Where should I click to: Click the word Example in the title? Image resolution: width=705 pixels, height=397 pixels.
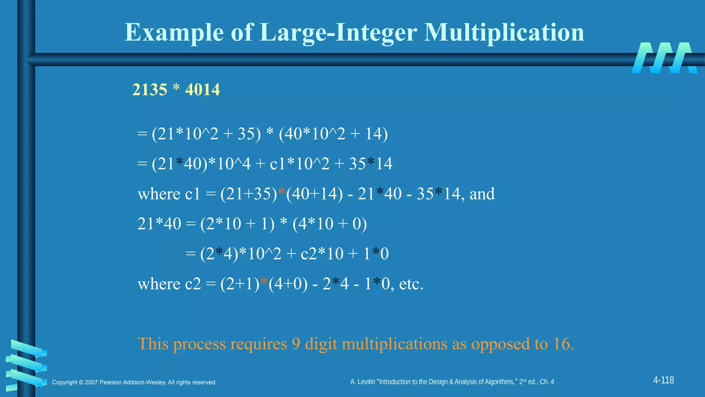[x=174, y=33]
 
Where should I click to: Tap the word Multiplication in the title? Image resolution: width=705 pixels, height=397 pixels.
[x=504, y=33]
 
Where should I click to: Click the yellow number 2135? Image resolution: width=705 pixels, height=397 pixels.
[x=150, y=90]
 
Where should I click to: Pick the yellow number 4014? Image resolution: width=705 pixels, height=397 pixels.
[x=202, y=90]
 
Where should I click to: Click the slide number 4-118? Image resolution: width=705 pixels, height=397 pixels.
[x=663, y=380]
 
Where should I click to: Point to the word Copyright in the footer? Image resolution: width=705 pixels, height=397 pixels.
[x=65, y=383]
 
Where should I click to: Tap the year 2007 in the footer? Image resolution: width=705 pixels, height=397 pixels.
[x=91, y=383]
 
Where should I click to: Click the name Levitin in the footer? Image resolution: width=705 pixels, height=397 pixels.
[x=366, y=382]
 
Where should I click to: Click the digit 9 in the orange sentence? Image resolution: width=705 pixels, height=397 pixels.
[x=296, y=344]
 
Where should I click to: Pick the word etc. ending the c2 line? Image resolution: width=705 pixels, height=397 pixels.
[x=411, y=284]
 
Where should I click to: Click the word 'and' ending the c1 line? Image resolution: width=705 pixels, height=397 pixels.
[x=482, y=194]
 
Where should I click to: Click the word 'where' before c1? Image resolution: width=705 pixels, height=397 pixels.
[x=159, y=194]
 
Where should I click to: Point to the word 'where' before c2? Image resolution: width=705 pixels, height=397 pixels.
[x=159, y=284]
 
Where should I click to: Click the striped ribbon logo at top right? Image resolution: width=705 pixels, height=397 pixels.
[x=664, y=58]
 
